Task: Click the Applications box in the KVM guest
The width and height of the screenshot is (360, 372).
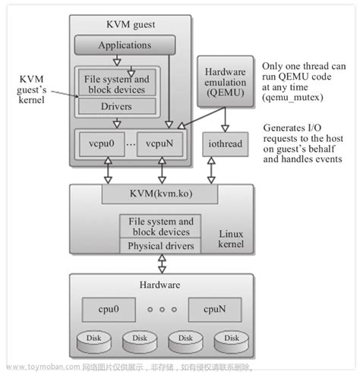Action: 124,45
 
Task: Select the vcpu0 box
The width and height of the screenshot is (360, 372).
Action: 100,143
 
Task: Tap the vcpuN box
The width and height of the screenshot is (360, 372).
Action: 161,143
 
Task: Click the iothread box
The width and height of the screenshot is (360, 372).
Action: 225,143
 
